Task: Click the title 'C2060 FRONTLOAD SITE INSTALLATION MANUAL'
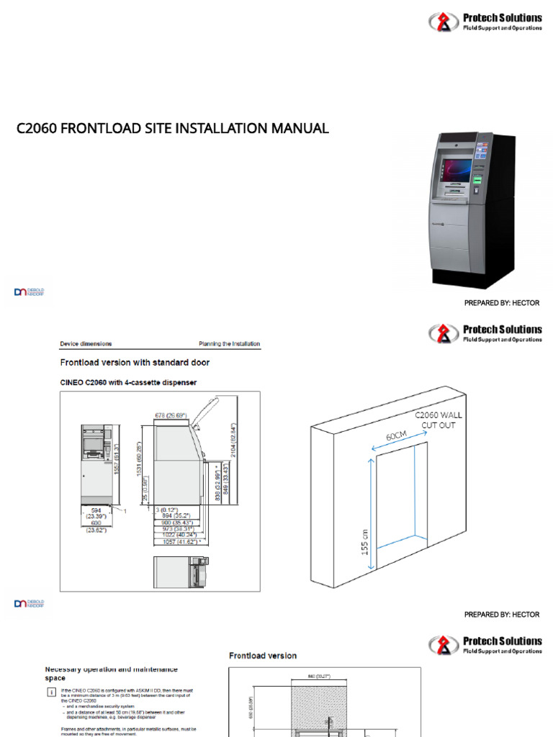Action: [173, 129]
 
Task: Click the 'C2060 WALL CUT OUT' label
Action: [438, 420]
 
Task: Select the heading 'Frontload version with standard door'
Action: [134, 362]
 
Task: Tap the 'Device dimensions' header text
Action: [86, 344]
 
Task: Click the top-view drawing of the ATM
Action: [180, 573]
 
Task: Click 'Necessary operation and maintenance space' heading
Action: [112, 673]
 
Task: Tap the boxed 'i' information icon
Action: [50, 692]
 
